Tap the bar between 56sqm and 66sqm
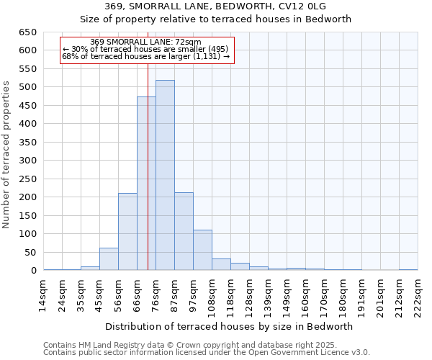click(x=127, y=231)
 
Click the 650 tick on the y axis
click(x=28, y=32)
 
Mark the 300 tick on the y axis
click(x=28, y=161)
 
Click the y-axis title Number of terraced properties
click(x=8, y=155)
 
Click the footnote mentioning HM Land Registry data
click(x=206, y=345)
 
